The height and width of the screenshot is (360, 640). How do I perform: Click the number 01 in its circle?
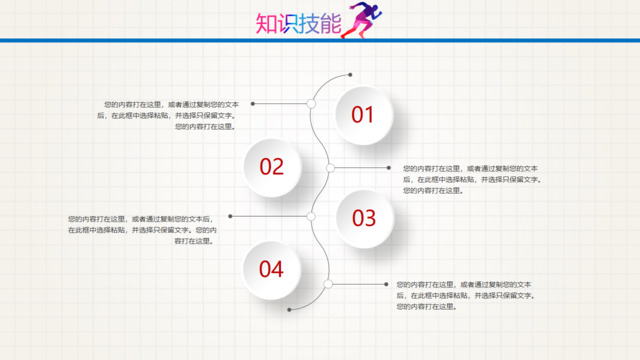362,116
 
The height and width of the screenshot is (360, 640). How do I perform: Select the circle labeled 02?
272,167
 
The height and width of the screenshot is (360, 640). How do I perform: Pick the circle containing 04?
272,269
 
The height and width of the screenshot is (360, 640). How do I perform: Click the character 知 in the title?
268,23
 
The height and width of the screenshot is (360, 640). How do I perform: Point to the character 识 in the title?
292,23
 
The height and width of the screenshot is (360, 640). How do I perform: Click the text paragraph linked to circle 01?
170,115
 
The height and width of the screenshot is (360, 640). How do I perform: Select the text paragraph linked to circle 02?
470,179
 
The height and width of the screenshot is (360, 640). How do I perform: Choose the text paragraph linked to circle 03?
141,230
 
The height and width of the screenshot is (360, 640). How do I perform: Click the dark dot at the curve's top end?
350,74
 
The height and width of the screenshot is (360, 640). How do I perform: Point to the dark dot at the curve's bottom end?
290,310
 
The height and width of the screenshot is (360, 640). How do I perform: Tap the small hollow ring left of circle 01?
311,103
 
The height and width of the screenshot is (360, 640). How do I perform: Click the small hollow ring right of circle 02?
330,167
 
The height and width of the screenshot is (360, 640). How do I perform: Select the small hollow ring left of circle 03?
311,216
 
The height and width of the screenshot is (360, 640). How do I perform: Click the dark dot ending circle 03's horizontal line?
231,216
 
